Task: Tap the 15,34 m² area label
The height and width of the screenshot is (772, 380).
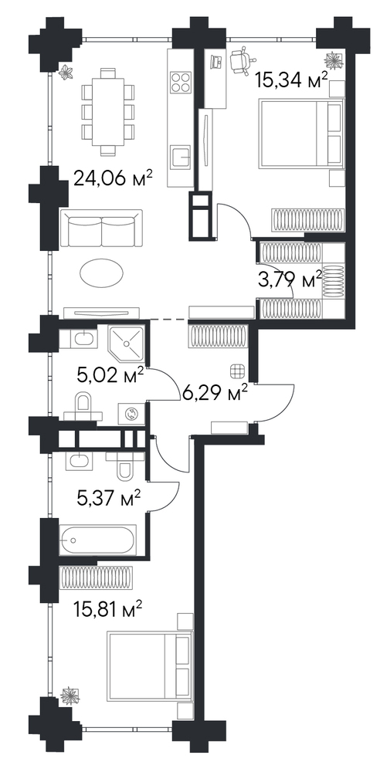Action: coord(292,80)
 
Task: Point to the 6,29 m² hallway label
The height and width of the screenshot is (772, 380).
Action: coord(215,394)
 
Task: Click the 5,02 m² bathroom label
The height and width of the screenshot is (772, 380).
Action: coord(111,377)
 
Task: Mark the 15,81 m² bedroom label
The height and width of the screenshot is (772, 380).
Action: coord(108,611)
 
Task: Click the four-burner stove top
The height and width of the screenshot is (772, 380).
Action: coord(181,81)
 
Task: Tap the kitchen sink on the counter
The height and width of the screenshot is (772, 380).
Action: coord(181,157)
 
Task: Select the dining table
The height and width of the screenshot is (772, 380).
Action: coord(108,112)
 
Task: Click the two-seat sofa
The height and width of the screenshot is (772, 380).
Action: coord(101,229)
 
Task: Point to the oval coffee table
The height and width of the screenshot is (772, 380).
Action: coord(101,273)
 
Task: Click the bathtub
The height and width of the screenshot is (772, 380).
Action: coord(97,540)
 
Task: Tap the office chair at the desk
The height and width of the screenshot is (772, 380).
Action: coord(243,60)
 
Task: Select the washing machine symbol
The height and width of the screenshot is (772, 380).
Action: coord(131,414)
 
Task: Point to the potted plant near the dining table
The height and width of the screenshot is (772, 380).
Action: coord(66,73)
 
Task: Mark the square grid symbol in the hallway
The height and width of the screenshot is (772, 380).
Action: coord(237,371)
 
